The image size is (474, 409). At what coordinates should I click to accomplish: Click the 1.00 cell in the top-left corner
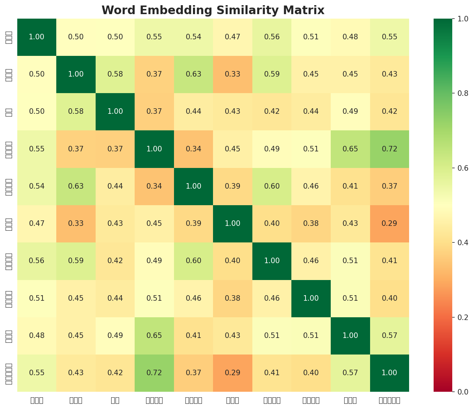click(x=37, y=37)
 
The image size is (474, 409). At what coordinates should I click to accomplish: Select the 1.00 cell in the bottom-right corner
click(x=389, y=373)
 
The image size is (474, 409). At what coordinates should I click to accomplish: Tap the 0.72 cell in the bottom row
click(x=154, y=373)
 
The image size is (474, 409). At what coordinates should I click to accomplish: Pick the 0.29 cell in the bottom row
click(x=233, y=373)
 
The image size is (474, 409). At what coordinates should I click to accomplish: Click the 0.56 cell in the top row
click(x=272, y=37)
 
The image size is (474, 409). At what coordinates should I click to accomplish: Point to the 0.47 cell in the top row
click(x=233, y=37)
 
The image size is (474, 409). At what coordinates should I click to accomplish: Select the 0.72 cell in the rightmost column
click(x=389, y=149)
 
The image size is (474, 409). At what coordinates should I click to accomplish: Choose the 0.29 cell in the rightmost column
click(x=389, y=223)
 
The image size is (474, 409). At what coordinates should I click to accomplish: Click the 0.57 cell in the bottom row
click(x=350, y=373)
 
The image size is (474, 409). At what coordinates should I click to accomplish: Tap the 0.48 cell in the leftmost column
click(x=37, y=336)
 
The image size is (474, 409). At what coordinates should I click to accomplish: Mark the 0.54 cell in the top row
click(x=193, y=37)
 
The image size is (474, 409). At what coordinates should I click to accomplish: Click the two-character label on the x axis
click(x=115, y=400)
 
